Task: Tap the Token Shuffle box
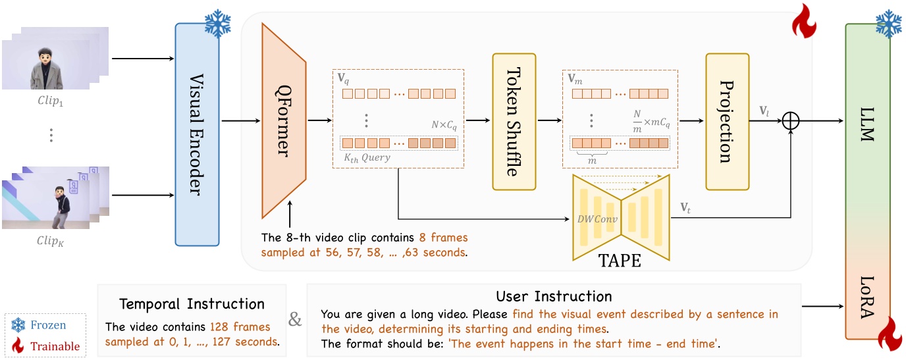[514, 120]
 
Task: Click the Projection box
[727, 120]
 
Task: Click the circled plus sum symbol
[790, 121]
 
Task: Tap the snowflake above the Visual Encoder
[217, 24]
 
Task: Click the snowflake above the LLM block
[888, 24]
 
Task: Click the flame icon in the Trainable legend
[18, 345]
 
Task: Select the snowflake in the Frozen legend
[18, 324]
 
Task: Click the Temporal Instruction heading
[192, 304]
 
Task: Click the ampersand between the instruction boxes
[296, 320]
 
